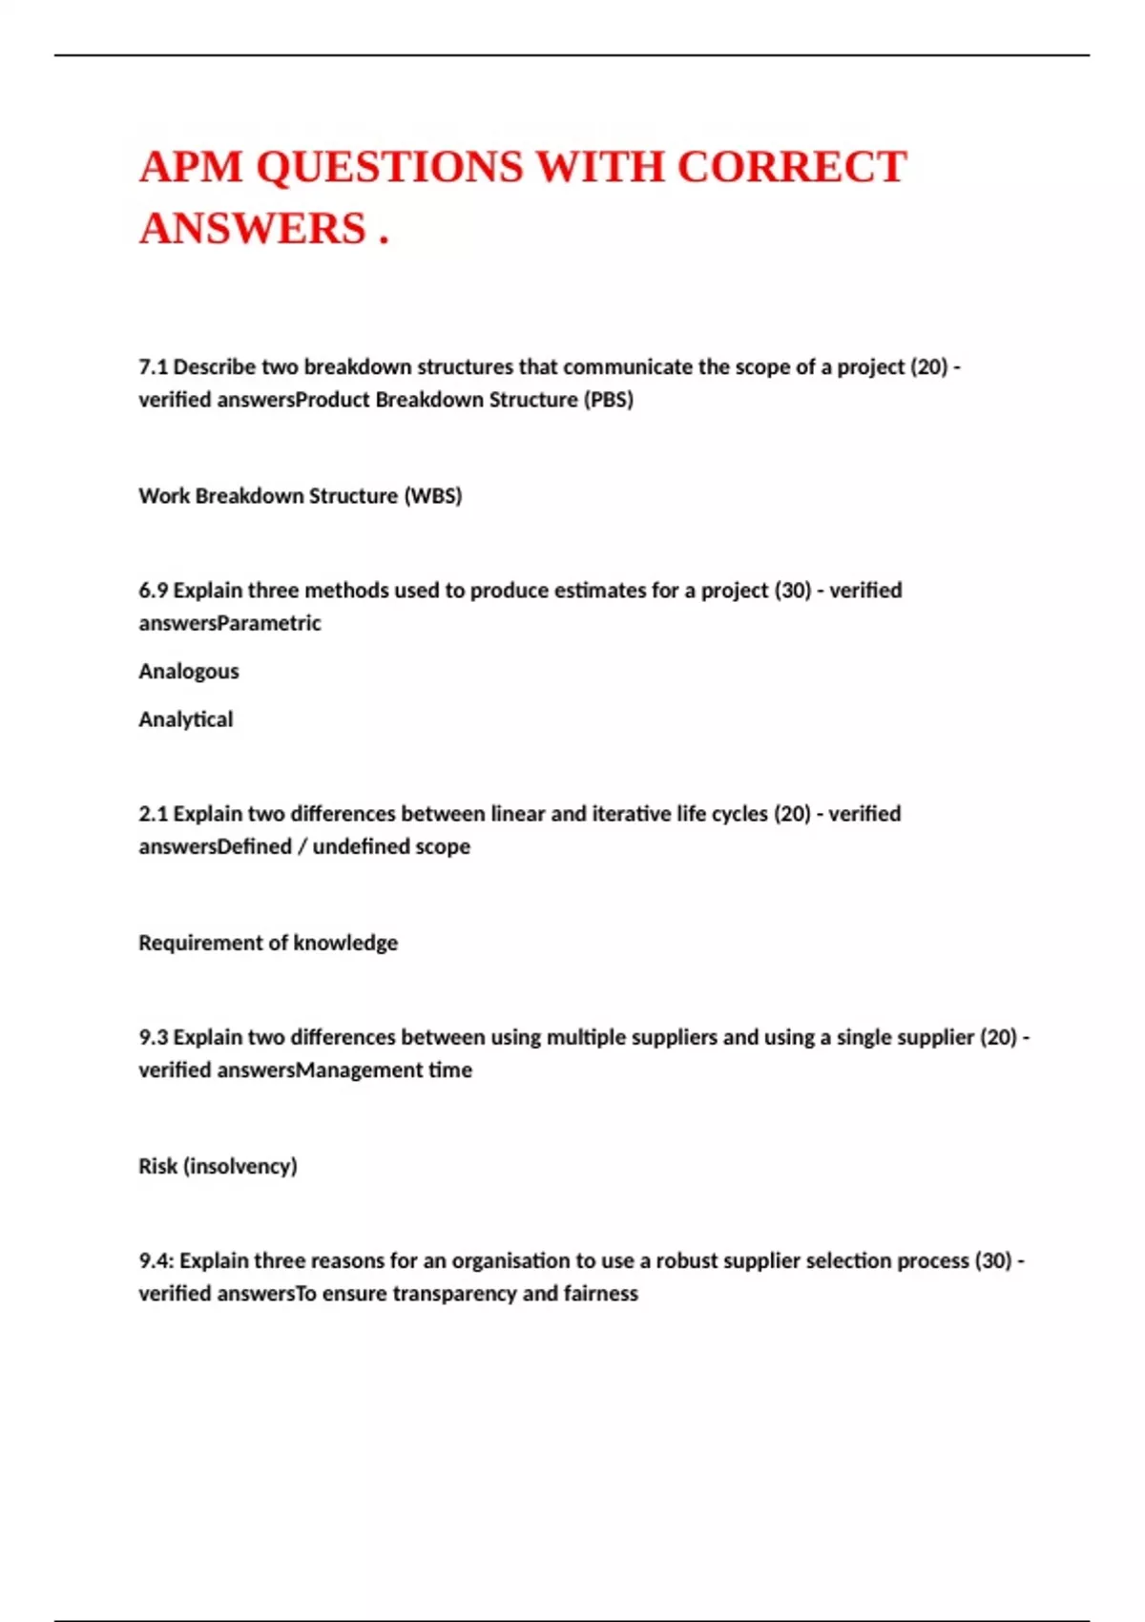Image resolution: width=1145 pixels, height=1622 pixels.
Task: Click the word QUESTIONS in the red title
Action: pos(389,167)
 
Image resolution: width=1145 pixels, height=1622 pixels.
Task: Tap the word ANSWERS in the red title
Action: pos(253,229)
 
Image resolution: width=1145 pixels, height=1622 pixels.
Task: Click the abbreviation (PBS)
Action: pos(608,399)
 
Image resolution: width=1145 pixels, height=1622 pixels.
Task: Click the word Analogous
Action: pos(189,671)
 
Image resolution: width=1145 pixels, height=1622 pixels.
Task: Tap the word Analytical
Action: pos(185,718)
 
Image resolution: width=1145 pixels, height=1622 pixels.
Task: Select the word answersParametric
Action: pos(230,622)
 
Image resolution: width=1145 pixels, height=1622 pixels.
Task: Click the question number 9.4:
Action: pos(156,1260)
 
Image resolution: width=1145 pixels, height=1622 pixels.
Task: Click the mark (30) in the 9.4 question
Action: pos(992,1260)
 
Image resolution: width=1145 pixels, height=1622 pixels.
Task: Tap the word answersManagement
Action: pos(305,1070)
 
